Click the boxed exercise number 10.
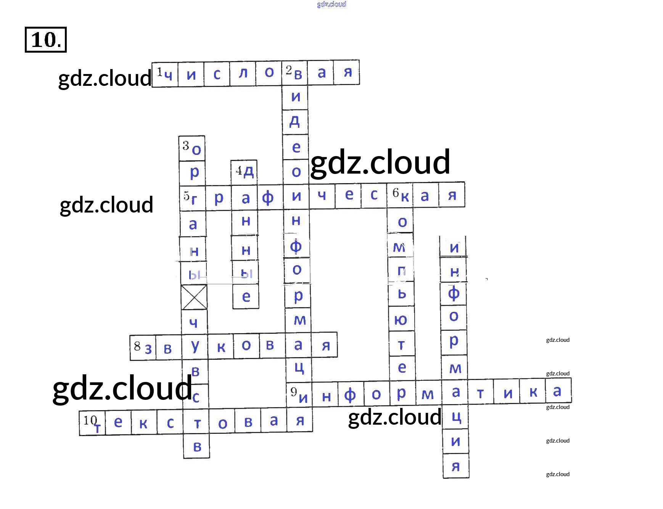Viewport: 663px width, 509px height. [45, 40]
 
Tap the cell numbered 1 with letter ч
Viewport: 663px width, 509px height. [165, 74]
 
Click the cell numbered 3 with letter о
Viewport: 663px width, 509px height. [192, 148]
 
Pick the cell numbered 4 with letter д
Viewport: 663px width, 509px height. [244, 172]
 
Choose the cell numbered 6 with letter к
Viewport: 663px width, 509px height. [400, 195]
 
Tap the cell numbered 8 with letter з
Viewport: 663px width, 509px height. [143, 347]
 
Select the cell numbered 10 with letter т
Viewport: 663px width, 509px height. [92, 424]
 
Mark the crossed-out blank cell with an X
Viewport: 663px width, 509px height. [194, 297]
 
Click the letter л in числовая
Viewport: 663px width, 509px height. [243, 73]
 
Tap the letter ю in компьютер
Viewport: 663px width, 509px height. [401, 319]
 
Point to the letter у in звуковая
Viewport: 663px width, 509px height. [195, 346]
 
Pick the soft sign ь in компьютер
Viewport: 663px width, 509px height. [402, 293]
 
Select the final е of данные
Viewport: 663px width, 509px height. [246, 296]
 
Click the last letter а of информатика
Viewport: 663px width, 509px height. [557, 391]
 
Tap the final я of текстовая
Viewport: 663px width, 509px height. [300, 421]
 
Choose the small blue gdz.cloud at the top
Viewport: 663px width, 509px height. [331, 4]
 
